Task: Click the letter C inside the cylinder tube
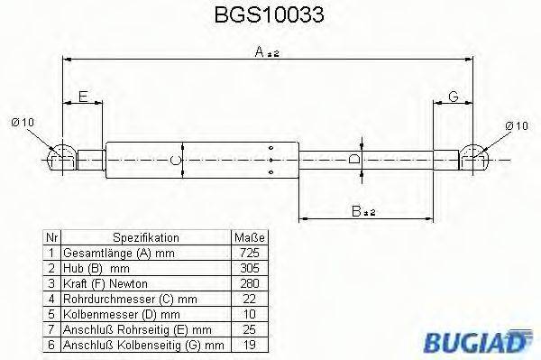[178, 161]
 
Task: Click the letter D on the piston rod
[355, 159]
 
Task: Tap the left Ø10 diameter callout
[24, 124]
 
